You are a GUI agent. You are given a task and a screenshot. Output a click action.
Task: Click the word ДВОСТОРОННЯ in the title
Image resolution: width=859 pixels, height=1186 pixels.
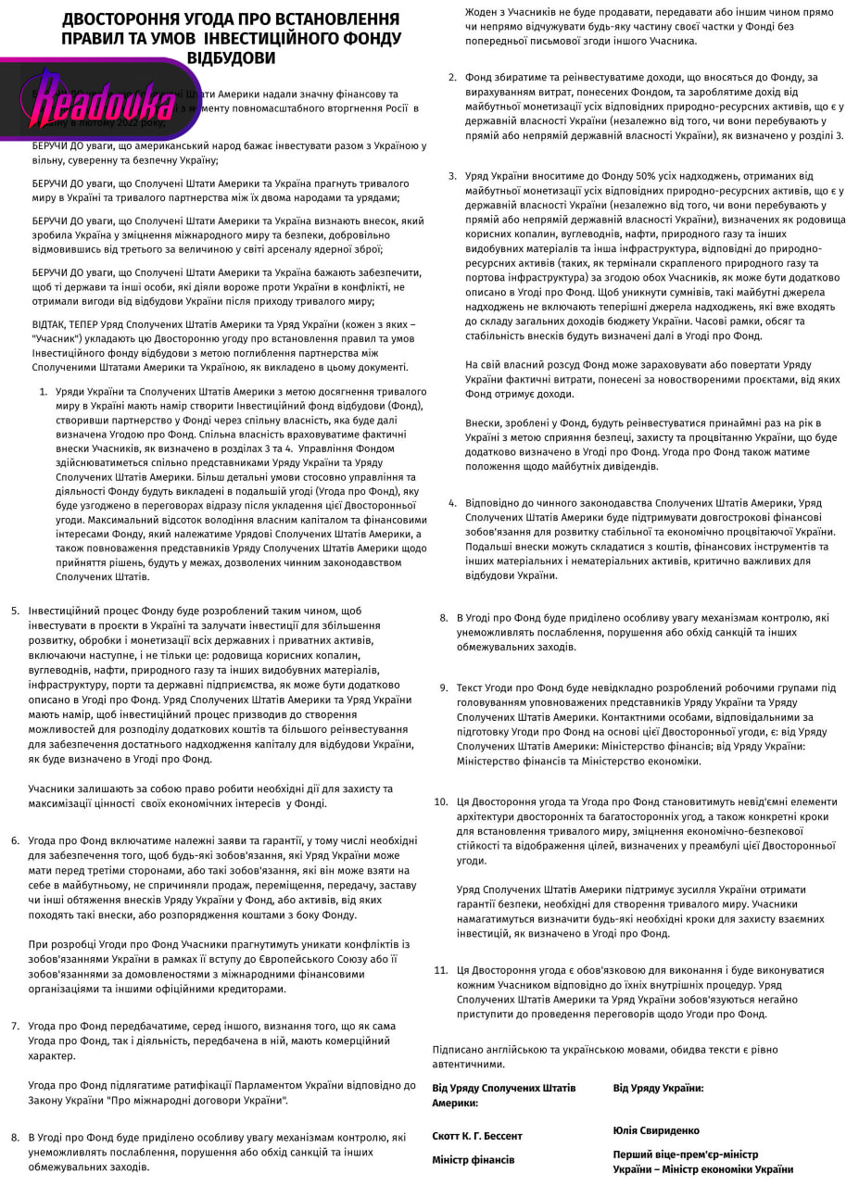pyautogui.click(x=126, y=19)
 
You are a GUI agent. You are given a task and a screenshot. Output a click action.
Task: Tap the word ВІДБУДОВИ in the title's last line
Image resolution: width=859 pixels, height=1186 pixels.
pyautogui.click(x=232, y=58)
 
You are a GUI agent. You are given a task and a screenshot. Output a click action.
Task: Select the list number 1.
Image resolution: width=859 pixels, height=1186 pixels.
pyautogui.click(x=44, y=392)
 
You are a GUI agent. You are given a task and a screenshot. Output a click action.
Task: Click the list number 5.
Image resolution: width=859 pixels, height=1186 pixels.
pyautogui.click(x=15, y=612)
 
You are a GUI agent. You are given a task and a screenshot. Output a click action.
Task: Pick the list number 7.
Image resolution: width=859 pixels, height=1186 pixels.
pyautogui.click(x=15, y=1026)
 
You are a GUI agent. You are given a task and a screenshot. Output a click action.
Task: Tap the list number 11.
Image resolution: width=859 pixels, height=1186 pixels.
pyautogui.click(x=441, y=970)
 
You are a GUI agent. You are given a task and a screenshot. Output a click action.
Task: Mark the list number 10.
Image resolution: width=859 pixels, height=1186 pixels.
pyautogui.click(x=441, y=801)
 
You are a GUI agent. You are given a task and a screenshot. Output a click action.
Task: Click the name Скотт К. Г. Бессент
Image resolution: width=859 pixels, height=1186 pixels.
pyautogui.click(x=477, y=1136)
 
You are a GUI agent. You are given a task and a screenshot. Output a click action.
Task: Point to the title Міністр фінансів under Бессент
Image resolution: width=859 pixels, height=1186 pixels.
pyautogui.click(x=473, y=1160)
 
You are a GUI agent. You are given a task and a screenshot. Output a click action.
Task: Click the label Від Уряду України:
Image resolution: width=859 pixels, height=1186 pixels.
pyautogui.click(x=658, y=1088)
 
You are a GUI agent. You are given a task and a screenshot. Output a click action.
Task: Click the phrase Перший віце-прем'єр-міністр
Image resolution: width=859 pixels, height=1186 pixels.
pyautogui.click(x=685, y=1154)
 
